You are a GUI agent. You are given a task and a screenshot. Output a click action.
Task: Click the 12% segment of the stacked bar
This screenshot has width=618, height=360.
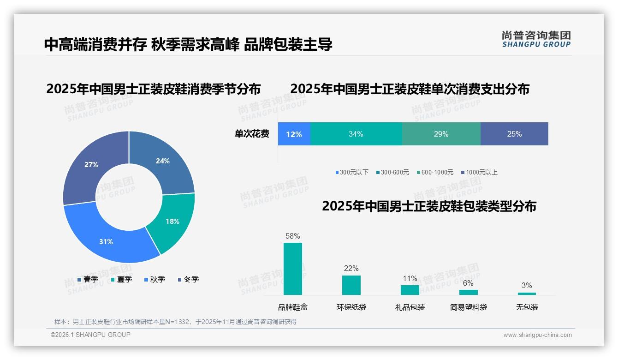click(294, 134)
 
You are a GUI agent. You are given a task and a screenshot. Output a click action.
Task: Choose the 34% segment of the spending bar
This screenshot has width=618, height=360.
click(356, 134)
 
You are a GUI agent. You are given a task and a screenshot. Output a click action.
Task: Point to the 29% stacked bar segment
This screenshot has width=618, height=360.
click(441, 134)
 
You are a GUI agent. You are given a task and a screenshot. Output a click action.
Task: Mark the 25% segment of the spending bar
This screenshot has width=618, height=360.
click(514, 134)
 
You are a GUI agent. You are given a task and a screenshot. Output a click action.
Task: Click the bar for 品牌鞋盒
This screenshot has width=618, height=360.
click(293, 269)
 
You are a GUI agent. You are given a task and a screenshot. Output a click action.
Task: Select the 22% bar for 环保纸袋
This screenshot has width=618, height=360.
click(351, 285)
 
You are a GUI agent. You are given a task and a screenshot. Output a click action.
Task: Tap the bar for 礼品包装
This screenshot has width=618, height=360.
click(410, 290)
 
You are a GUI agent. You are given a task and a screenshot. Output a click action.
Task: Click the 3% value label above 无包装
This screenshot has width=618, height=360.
click(527, 285)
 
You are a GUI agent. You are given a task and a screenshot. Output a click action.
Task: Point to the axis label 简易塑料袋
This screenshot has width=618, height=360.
click(468, 307)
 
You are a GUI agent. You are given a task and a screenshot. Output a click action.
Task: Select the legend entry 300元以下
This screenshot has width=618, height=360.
click(352, 172)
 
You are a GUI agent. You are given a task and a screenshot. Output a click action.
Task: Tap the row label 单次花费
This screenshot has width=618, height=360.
click(252, 134)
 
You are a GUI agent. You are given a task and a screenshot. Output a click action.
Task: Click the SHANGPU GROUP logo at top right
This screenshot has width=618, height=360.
click(536, 39)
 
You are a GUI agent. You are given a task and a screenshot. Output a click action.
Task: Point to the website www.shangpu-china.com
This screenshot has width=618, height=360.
click(537, 335)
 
